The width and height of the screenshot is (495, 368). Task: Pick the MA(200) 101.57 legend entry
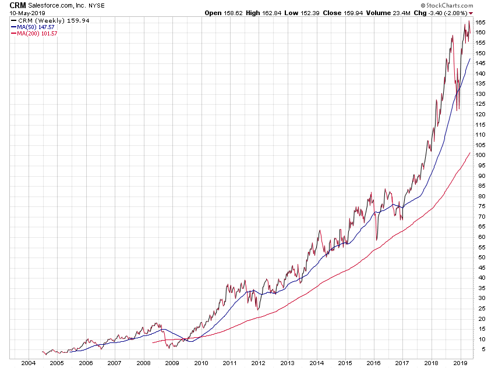(37, 34)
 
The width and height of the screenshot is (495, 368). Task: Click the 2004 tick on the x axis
(27, 363)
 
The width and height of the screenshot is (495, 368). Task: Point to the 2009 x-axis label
(172, 363)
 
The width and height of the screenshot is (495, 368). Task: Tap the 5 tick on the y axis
(479, 349)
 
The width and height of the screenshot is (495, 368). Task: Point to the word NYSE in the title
(97, 5)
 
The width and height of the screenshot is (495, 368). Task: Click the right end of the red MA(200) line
(470, 152)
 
